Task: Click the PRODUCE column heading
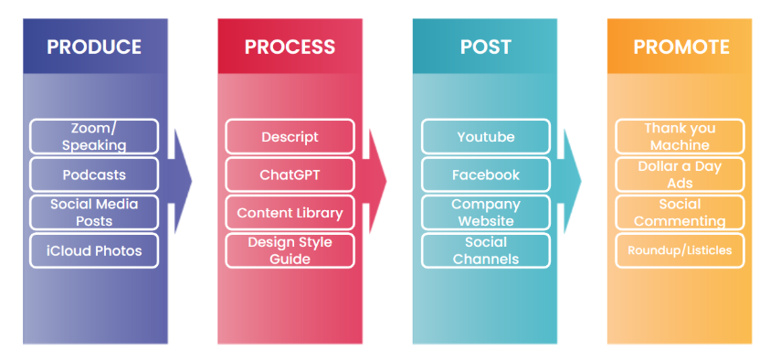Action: coord(94,48)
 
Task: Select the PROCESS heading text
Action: coord(290,48)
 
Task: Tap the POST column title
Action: coord(486,48)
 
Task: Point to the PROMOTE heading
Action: coord(681,48)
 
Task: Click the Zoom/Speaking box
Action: coord(94,136)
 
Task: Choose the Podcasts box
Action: coord(94,175)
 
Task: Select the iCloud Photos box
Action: coord(94,250)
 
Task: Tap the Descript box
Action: coord(290,136)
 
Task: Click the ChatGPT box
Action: coord(290,175)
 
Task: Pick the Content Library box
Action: coord(290,213)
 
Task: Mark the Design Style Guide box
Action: coord(290,250)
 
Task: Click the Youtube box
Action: coord(486,136)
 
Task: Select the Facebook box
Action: coord(486,175)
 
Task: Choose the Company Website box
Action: coord(486,213)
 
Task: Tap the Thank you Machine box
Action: coord(680,136)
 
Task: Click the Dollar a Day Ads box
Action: coord(680,175)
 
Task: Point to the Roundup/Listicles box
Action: coord(680,250)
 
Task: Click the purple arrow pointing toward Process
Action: coord(180,181)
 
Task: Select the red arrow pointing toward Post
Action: coord(374,181)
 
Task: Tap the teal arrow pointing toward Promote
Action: coord(570,181)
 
